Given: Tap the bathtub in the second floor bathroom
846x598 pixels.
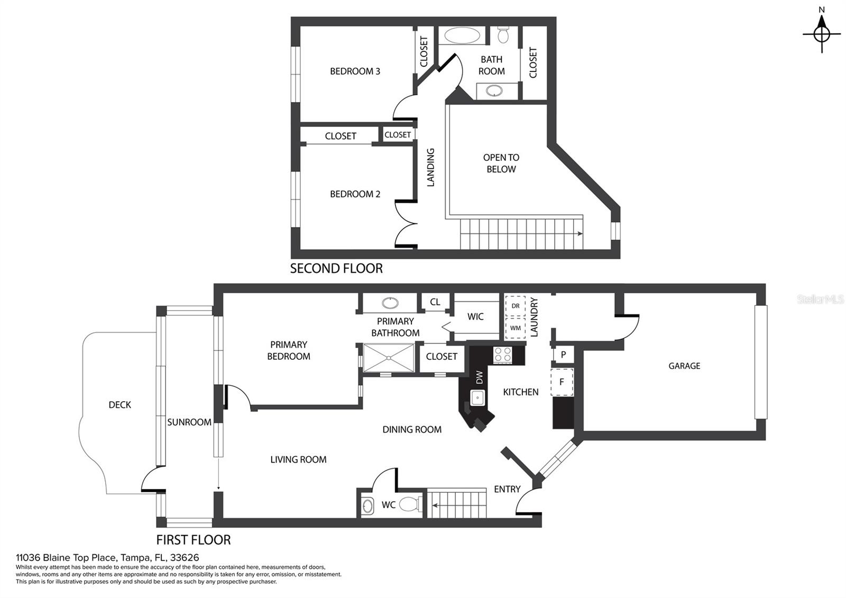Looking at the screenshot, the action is pyautogui.click(x=462, y=35).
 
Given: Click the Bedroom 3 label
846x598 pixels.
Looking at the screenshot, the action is pyautogui.click(x=355, y=71).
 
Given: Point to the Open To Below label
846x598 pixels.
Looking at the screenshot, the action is pyautogui.click(x=501, y=164).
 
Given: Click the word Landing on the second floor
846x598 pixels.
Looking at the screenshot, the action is pyautogui.click(x=430, y=167).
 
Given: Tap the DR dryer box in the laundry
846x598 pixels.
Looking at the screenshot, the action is pyautogui.click(x=515, y=306).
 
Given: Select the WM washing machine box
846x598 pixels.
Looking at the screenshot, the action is pyautogui.click(x=515, y=328).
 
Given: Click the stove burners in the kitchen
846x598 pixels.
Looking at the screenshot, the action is pyautogui.click(x=503, y=355).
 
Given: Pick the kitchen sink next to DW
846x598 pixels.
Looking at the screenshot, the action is pyautogui.click(x=477, y=397).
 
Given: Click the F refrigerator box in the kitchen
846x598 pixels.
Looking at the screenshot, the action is pyautogui.click(x=562, y=382).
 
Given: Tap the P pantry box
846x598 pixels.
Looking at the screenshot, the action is pyautogui.click(x=564, y=355).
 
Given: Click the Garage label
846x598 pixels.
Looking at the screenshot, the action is pyautogui.click(x=684, y=366).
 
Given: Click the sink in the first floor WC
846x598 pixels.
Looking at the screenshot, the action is pyautogui.click(x=367, y=506).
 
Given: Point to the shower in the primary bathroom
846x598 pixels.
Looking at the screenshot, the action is pyautogui.click(x=389, y=358).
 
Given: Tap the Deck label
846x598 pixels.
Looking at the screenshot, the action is pyautogui.click(x=119, y=405).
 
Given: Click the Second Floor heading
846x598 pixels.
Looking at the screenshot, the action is pyautogui.click(x=336, y=268).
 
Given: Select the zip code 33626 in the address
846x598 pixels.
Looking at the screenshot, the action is pyautogui.click(x=185, y=558).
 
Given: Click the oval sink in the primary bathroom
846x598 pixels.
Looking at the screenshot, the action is pyautogui.click(x=390, y=303).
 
